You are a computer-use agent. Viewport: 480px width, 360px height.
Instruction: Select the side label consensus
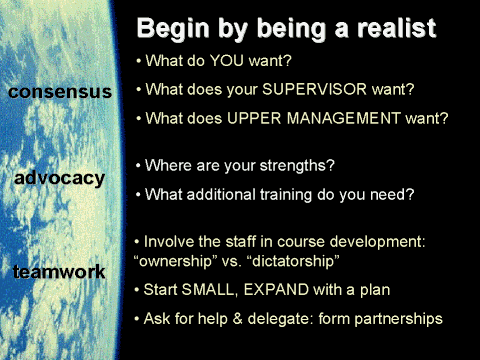click(x=59, y=92)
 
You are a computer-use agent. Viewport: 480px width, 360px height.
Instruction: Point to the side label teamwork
click(x=60, y=271)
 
